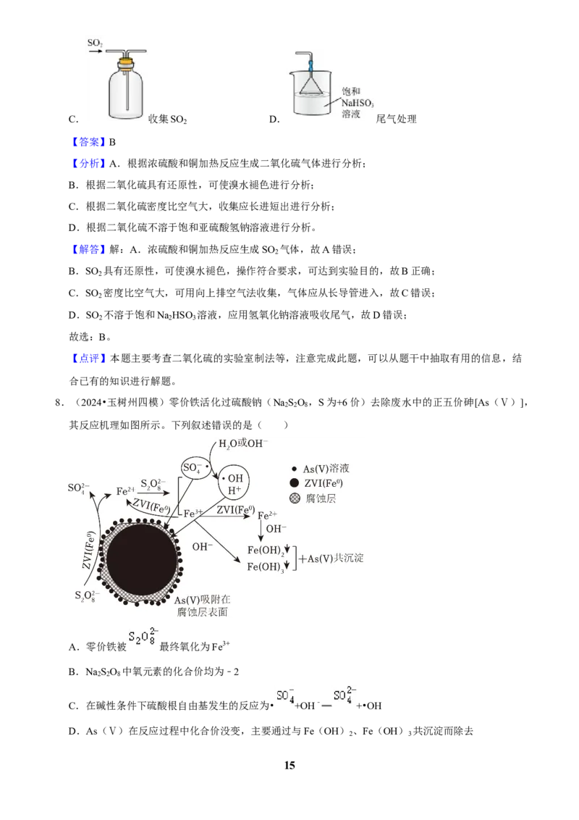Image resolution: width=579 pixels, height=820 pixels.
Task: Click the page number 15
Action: point(289,765)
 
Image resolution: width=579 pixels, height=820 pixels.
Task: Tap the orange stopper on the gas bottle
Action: point(125,63)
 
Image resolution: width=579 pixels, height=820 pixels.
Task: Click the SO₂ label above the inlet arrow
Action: point(95,43)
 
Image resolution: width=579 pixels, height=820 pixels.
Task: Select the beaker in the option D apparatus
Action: point(311,93)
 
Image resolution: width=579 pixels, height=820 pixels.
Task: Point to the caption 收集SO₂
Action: point(167,120)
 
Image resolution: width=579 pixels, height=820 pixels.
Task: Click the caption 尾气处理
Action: point(396,120)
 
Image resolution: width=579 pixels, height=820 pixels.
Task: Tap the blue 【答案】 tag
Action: point(88,142)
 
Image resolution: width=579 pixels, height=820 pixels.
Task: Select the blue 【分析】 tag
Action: point(88,164)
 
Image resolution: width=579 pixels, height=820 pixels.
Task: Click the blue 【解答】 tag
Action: point(88,249)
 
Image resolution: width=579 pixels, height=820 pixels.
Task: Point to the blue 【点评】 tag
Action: point(88,359)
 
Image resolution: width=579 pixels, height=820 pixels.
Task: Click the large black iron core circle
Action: point(142,562)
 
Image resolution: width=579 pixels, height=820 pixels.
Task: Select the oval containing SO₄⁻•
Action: point(195,467)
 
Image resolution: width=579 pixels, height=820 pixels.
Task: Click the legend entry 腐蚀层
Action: point(313,498)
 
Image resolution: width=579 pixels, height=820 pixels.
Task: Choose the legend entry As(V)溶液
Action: point(321,469)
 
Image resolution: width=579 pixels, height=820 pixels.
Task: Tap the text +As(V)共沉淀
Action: point(331,558)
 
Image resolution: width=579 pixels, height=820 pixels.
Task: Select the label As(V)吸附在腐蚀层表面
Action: point(202,606)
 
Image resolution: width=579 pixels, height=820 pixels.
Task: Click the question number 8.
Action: point(59,403)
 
